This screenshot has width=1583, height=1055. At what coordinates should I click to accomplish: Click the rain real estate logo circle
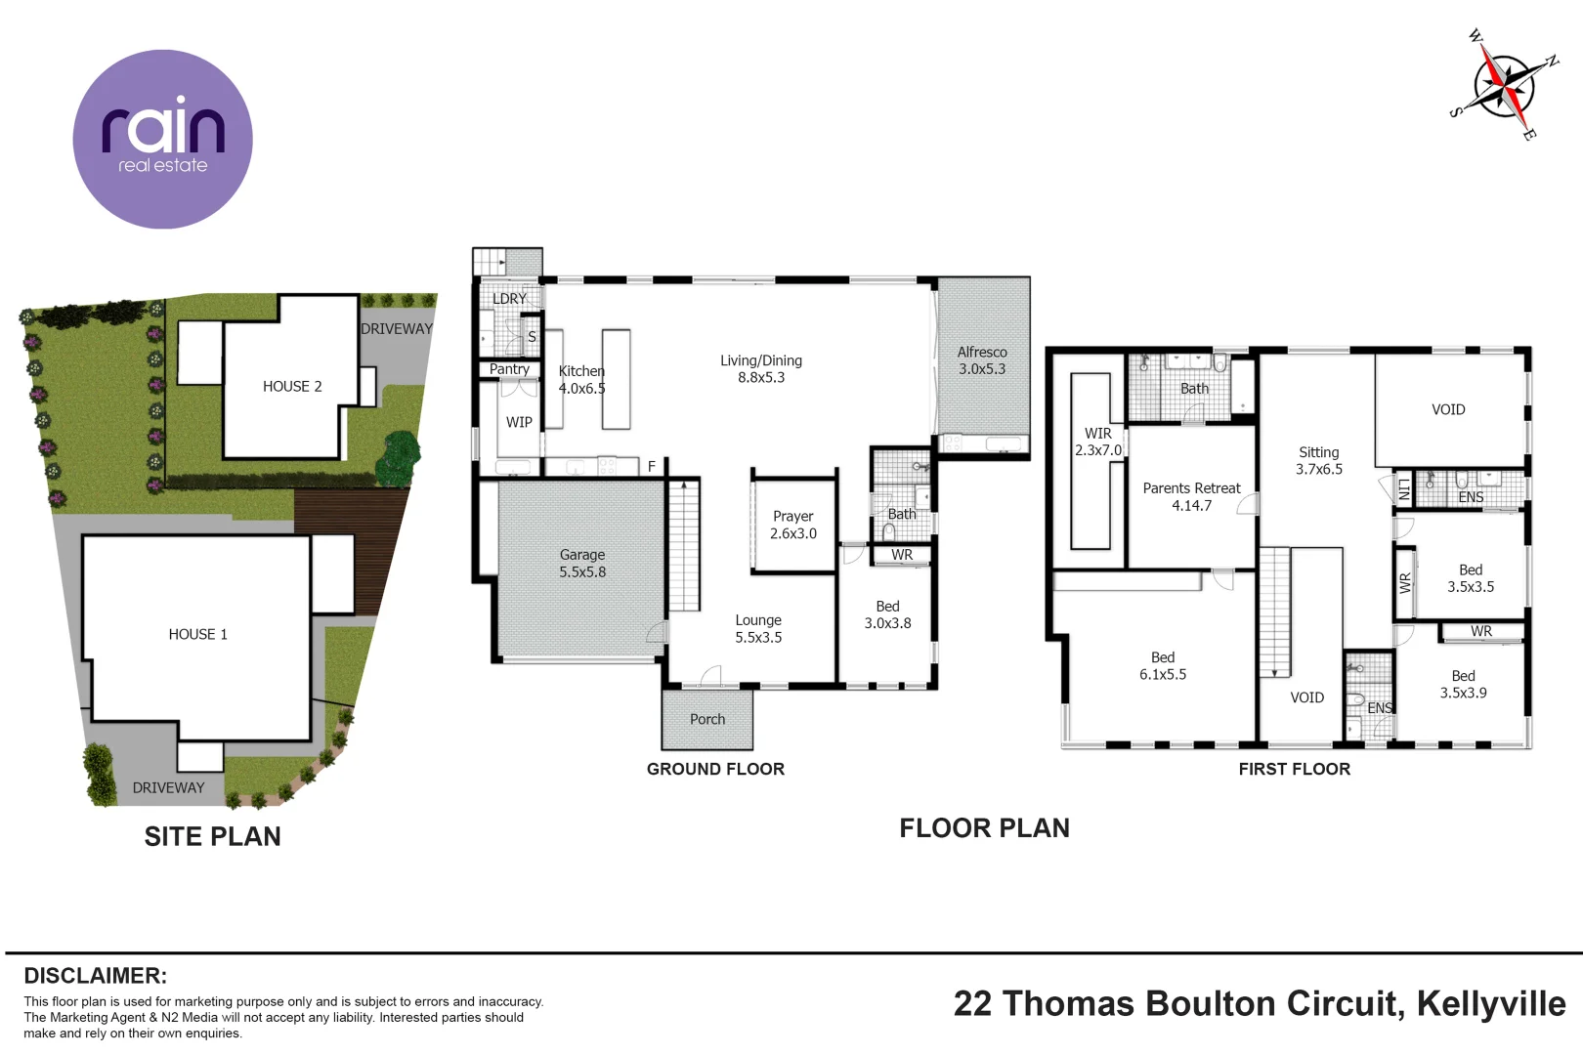[162, 140]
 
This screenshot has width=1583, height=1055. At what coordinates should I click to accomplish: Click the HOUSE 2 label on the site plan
[292, 386]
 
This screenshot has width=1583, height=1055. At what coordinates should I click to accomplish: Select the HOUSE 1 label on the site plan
[197, 634]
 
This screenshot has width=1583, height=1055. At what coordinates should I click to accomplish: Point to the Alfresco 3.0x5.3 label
[981, 360]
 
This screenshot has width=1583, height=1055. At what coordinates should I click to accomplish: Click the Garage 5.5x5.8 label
[582, 563]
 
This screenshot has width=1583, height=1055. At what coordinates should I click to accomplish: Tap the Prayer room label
[792, 525]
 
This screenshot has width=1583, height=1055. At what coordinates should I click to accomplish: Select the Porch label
[707, 719]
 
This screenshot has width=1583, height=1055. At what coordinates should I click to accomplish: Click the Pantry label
[509, 369]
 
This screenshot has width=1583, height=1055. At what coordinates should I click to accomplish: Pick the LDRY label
[509, 298]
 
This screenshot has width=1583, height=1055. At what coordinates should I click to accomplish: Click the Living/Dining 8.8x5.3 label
[760, 368]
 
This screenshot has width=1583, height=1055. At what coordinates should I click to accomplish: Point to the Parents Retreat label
[1191, 496]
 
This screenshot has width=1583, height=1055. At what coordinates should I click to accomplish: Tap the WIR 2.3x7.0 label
[1098, 442]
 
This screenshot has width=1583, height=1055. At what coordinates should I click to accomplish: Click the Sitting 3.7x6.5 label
[1319, 460]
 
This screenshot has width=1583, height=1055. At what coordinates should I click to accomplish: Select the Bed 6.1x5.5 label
[1163, 665]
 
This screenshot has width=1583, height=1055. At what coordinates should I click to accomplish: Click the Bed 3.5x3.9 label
[1463, 684]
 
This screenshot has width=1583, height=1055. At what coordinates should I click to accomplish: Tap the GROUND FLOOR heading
[715, 769]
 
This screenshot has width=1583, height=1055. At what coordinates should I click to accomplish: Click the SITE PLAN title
[212, 836]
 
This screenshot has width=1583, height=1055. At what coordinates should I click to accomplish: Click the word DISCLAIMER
[95, 976]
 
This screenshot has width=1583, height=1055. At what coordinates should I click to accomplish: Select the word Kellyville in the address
[1491, 1003]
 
